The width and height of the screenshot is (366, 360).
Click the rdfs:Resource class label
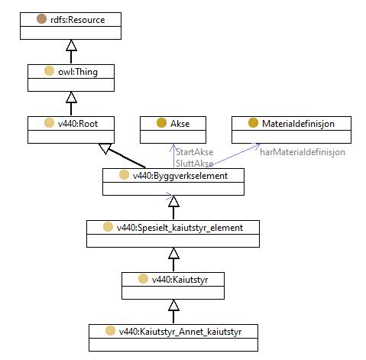click(x=78, y=20)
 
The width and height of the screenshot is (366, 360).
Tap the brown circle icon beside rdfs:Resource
click(x=41, y=19)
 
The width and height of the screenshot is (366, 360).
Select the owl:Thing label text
click(x=78, y=72)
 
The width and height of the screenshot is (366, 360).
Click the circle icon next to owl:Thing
click(x=49, y=71)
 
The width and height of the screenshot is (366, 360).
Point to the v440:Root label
click(x=78, y=124)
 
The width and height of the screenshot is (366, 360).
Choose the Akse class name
click(x=180, y=124)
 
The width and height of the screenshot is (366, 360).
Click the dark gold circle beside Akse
click(x=161, y=123)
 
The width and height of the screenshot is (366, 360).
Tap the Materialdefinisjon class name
click(x=298, y=124)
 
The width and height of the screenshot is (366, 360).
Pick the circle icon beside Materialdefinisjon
click(x=253, y=123)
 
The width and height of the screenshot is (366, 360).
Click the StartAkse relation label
click(x=194, y=152)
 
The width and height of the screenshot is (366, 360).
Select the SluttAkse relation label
click(x=194, y=164)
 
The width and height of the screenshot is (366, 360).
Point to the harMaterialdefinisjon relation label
click(x=303, y=152)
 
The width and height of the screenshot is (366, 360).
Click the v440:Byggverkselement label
click(x=180, y=176)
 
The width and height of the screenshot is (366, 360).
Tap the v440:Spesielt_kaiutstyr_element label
click(x=180, y=228)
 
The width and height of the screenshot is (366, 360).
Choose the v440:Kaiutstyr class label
click(x=180, y=280)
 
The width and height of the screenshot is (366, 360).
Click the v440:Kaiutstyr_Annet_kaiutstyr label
click(x=180, y=332)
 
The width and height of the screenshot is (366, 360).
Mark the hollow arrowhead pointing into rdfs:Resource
click(x=71, y=45)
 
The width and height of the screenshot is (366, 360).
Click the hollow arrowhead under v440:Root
click(x=105, y=148)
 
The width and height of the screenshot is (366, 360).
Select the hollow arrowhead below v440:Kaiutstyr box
click(x=173, y=305)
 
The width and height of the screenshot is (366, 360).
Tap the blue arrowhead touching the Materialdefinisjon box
click(x=256, y=146)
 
